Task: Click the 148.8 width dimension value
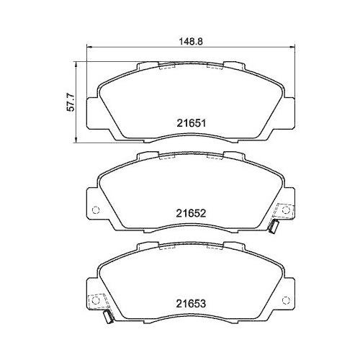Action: point(191,41)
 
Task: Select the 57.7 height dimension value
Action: point(71,102)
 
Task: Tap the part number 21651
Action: point(192,123)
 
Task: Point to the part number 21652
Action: point(191,213)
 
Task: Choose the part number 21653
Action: point(191,304)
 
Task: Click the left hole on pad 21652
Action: point(96,210)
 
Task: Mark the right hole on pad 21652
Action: point(285,210)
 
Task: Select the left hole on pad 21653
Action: point(96,300)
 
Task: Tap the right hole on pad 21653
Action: point(285,300)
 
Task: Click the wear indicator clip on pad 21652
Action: point(274,227)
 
